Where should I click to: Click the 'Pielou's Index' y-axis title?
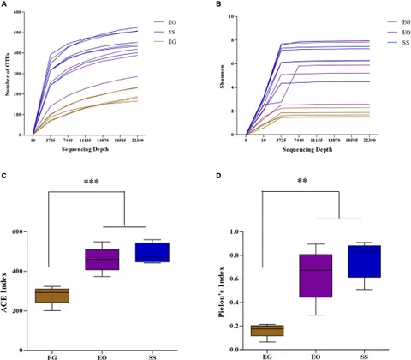(227, 290)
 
